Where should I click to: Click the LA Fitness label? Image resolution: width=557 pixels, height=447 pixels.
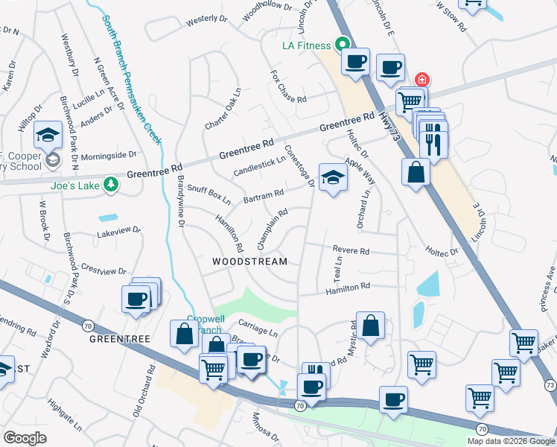[305, 45]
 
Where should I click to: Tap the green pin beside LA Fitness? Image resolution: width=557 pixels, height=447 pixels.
[343, 45]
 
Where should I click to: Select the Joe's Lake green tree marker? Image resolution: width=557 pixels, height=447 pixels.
[111, 183]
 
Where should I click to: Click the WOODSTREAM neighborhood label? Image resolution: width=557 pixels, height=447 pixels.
[249, 261]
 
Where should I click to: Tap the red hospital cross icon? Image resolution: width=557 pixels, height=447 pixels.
[422, 80]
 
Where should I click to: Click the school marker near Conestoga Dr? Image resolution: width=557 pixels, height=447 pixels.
[333, 178]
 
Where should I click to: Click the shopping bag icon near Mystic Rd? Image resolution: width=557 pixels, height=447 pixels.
[370, 326]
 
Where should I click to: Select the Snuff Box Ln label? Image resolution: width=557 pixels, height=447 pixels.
[209, 195]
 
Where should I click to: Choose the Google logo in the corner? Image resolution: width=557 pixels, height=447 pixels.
[25, 438]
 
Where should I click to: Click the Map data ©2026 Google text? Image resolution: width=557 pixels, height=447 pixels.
[510, 441]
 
